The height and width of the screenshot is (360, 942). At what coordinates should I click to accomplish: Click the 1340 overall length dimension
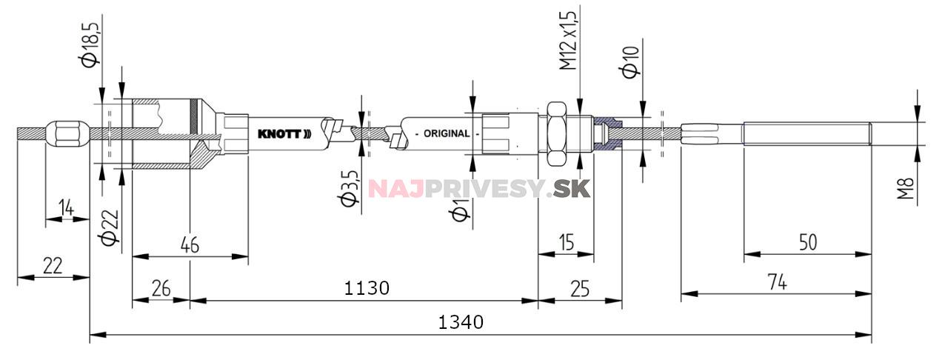point(461,322)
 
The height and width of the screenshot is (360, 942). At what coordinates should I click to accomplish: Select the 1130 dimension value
point(367,288)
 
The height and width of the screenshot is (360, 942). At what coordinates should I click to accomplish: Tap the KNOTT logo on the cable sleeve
point(284,134)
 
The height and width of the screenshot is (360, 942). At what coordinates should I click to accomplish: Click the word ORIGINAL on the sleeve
point(447,134)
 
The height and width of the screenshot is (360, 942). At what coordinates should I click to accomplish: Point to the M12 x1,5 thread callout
point(568,40)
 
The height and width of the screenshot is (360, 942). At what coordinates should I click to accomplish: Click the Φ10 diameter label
point(631,62)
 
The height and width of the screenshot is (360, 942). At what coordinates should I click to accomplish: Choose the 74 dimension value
point(777,281)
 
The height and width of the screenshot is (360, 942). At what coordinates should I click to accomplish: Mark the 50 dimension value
point(808,243)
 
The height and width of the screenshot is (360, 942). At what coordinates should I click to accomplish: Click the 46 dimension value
point(190,244)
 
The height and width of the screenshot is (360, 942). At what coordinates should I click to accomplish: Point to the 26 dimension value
point(161,288)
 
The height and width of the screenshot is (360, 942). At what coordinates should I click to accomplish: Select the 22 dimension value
point(53,266)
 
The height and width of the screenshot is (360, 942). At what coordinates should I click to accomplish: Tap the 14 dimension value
point(67,207)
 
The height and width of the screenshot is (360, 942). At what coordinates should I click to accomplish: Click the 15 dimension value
point(567,243)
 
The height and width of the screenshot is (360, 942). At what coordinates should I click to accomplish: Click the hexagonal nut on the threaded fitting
point(556,134)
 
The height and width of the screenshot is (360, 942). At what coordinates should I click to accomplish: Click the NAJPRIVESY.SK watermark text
point(479,188)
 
